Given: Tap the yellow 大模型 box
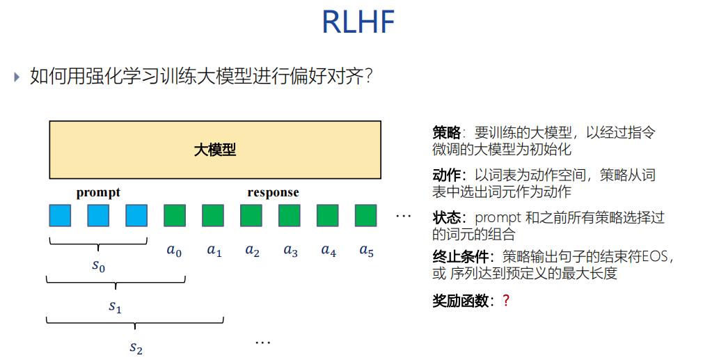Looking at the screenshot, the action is [215, 150].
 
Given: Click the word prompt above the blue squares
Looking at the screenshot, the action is [98, 192].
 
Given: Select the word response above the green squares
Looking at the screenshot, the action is [273, 192].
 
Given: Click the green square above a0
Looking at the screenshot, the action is [175, 215].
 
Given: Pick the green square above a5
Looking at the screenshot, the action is [365, 215].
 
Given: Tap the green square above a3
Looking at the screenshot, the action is [290, 215].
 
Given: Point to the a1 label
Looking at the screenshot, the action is [214, 251].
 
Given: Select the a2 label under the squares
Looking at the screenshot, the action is [252, 251].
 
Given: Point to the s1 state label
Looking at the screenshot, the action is [116, 306].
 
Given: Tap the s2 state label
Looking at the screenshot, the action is [136, 347].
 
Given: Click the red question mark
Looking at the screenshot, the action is [506, 302].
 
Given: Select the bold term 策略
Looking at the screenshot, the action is [446, 132].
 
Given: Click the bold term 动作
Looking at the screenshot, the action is [446, 175].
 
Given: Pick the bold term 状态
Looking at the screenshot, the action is [446, 217].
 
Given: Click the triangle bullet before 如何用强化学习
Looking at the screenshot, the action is [17, 77].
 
